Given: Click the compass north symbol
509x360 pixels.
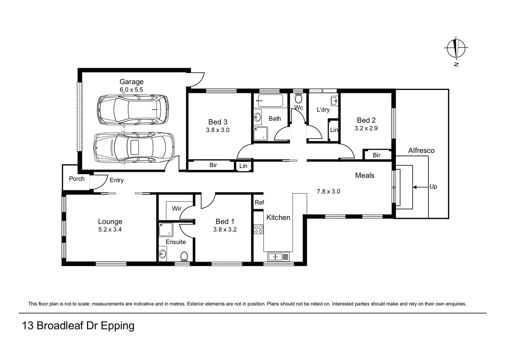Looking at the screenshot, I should tap(456, 49).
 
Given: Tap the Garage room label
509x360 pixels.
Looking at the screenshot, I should tap(131, 82).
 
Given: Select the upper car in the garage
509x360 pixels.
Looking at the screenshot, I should tap(133, 110).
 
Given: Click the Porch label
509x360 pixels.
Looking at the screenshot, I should tap(77, 179).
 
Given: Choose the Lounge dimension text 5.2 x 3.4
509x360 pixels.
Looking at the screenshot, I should tap(110, 229).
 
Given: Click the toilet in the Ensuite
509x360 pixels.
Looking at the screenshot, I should tap(184, 256).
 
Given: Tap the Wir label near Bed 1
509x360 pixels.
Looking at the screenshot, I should tap(176, 209).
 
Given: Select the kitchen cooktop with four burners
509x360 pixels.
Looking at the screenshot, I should tap(259, 229).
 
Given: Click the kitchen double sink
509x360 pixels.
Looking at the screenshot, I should tap(278, 257).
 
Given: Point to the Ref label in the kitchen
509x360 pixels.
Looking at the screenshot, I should tap(259, 202).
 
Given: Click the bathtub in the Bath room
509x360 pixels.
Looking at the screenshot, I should tap(271, 101).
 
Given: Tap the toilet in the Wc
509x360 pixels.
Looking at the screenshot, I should tap(299, 99).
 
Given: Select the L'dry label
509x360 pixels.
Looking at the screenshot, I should tap(323, 110).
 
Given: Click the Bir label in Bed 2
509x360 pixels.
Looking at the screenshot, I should tap(377, 155).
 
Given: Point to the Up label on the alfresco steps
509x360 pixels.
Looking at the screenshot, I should tap(433, 187).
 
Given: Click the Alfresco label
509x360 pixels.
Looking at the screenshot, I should tap(421, 150).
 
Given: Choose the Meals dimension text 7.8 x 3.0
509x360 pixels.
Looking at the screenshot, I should tap(328, 191).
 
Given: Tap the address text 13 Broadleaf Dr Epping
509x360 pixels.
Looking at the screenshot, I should tap(78, 326).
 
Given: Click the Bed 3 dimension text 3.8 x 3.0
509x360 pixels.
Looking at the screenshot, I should tap(217, 130).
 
